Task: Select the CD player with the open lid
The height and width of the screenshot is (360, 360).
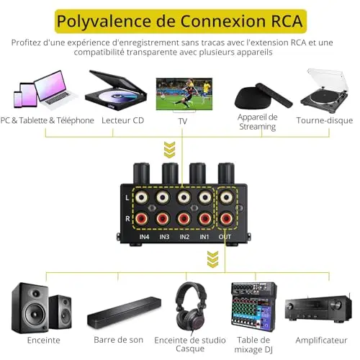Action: point(116,90)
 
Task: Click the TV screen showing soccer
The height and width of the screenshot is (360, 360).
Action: point(184,94)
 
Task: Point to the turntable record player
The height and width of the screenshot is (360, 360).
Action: point(325,91)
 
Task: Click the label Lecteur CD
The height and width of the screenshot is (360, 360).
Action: point(122,120)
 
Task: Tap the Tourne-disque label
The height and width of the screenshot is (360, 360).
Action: point(325,120)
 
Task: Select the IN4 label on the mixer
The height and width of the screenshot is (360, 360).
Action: point(144,237)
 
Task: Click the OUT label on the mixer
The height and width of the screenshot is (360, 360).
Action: point(225,237)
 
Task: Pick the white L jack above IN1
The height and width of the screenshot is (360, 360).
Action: point(205,197)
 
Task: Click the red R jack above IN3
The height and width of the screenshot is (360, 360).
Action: point(163,218)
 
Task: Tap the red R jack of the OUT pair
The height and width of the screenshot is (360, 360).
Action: point(226,218)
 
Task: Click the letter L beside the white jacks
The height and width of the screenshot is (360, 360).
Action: point(127,198)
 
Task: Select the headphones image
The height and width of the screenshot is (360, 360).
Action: point(191,307)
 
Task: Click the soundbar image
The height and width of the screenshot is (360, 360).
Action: point(124,310)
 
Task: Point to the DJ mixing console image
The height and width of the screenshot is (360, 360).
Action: point(253,307)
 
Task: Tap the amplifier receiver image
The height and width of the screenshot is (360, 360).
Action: point(318,308)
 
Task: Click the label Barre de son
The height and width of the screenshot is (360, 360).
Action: point(118,340)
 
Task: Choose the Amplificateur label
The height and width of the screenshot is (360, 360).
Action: point(321,340)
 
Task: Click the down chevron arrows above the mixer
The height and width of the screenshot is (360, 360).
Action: point(169,150)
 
